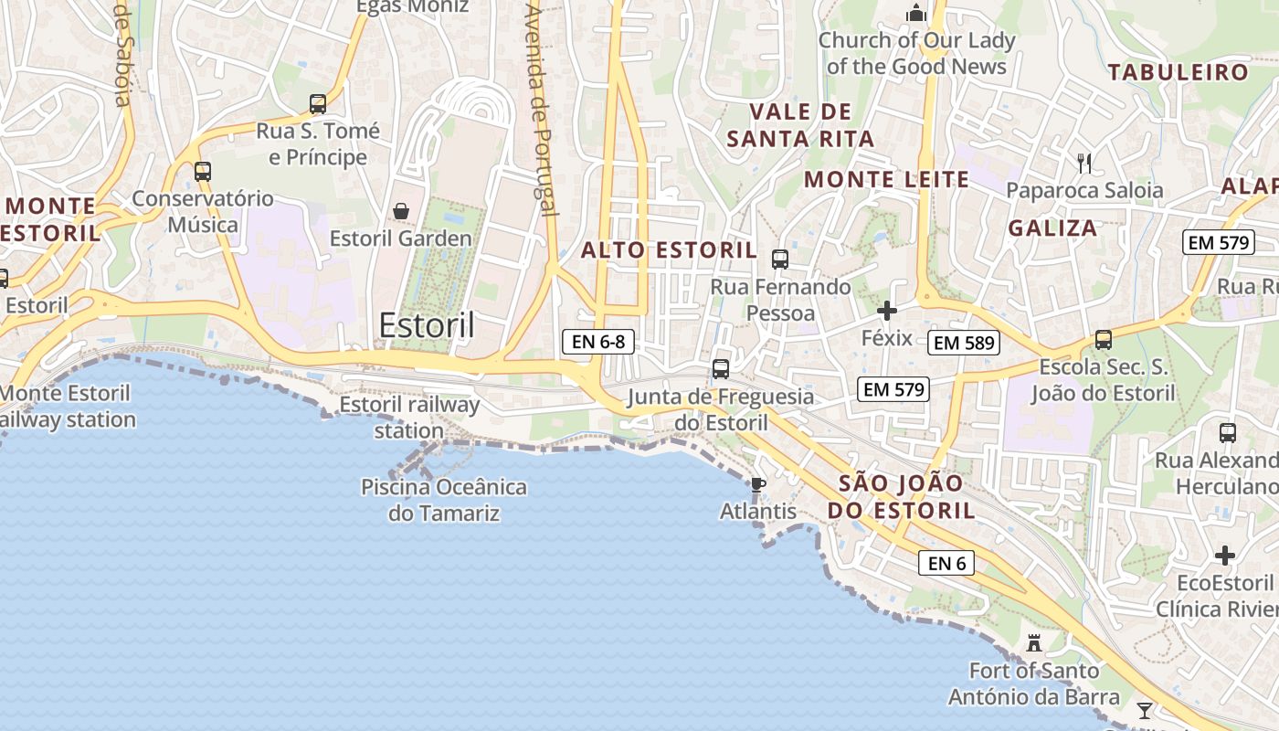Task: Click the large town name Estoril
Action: click(427, 325)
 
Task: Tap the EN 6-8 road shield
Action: click(597, 343)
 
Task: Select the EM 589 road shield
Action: click(964, 344)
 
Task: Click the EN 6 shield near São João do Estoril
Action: click(946, 563)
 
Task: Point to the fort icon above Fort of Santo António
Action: click(1034, 642)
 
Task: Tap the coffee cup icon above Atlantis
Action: click(757, 483)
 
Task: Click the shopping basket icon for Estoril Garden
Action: click(400, 211)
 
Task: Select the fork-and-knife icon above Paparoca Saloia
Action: click(1084, 164)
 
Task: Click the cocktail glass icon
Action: click(1144, 710)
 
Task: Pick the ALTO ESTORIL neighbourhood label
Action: click(669, 250)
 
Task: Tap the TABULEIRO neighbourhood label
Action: click(1178, 72)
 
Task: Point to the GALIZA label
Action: click(1052, 228)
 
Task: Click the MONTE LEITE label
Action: click(886, 180)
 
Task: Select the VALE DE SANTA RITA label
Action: click(800, 125)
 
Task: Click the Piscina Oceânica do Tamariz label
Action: click(444, 500)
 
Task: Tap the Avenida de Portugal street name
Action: click(542, 110)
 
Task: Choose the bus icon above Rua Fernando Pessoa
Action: click(779, 259)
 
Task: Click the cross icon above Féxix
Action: click(887, 311)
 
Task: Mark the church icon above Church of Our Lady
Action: click(915, 13)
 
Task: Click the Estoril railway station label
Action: click(409, 417)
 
